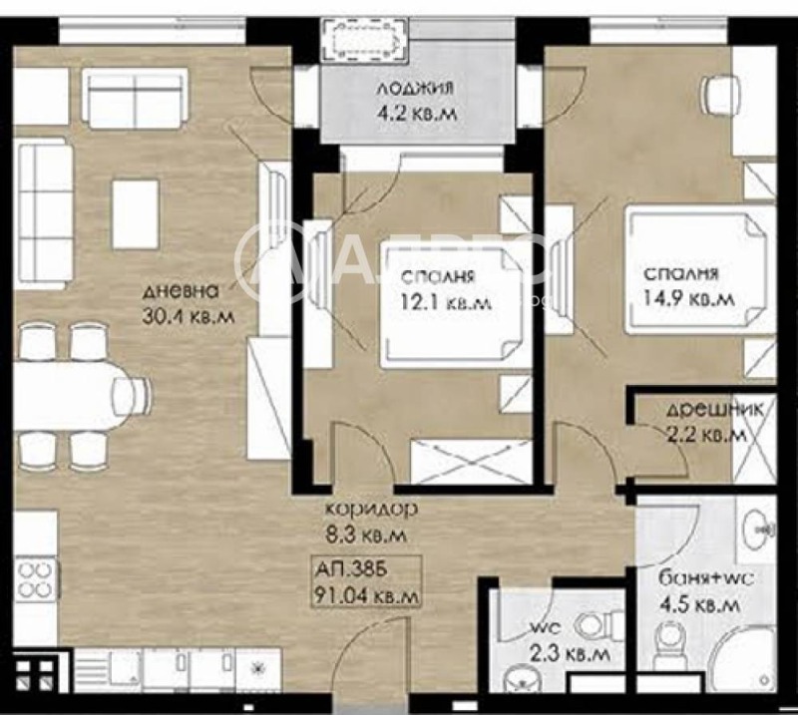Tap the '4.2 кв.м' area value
[417, 114]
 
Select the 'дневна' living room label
[181, 292]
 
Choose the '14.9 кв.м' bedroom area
[687, 298]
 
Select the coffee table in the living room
[135, 212]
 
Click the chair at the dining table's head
[131, 392]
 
